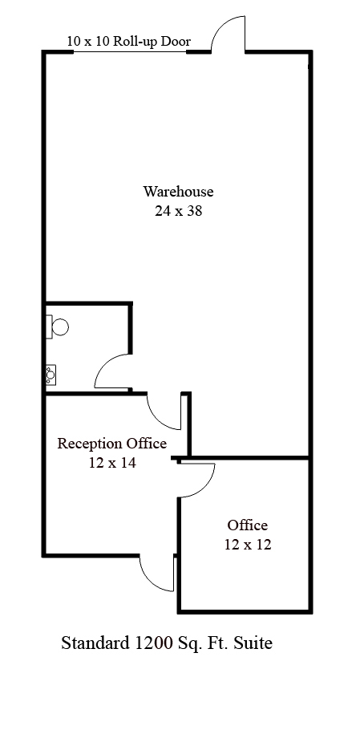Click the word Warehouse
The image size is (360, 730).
click(178, 192)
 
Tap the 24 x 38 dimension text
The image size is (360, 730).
click(179, 211)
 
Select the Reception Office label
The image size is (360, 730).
click(111, 443)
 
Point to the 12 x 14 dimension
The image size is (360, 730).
click(112, 463)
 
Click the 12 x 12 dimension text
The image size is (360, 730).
click(248, 544)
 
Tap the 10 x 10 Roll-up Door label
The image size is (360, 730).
click(129, 41)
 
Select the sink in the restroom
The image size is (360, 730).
click(51, 375)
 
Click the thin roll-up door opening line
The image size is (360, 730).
click(130, 51)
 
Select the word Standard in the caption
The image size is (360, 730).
click(95, 643)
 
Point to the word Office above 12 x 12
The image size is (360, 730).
click(248, 525)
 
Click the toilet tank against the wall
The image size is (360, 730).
click(48, 326)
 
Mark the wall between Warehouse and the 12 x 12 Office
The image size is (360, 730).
click(250, 458)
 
